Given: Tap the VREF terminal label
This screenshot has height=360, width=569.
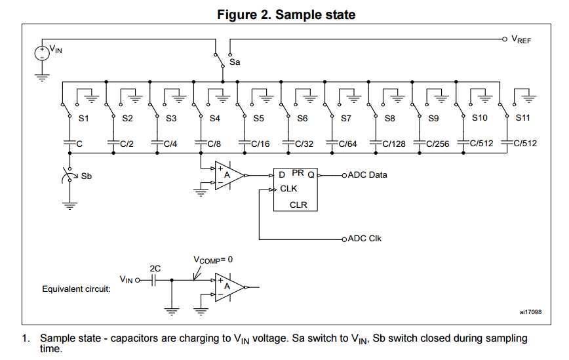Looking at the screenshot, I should coord(522,40).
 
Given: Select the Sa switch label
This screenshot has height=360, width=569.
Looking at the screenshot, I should coord(235,62).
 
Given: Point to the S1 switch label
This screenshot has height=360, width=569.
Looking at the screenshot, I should coord(83,119).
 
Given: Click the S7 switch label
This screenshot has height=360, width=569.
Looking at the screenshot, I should coord(345,119).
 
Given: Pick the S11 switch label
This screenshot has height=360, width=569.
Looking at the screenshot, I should coord(522,119).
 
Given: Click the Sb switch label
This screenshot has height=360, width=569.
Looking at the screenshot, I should coord(86,176).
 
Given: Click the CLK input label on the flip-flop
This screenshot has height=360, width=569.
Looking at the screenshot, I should coord(288,189).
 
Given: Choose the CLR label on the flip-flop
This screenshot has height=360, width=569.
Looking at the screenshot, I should coord(299,205).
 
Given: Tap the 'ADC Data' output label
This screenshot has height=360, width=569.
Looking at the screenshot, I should coord(368,175).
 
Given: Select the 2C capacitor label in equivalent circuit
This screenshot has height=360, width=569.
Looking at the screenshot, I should coord(155,268).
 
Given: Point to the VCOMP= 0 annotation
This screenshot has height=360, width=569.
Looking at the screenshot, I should coord(212,260).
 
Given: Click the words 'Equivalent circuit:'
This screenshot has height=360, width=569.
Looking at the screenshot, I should coord(76,289).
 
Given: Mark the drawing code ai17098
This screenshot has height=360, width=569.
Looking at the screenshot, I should coord(529,312).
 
